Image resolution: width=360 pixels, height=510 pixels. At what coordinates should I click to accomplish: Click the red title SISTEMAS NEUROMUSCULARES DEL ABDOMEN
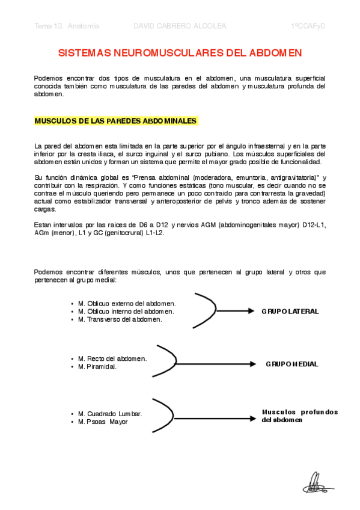tap(180, 54)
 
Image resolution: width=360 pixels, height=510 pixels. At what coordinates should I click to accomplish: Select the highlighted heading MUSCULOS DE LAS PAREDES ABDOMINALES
tap(115, 121)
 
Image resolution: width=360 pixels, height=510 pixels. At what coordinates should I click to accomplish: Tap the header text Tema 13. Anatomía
tap(67, 26)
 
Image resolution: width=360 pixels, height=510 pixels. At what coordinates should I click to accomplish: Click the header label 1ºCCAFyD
tap(308, 26)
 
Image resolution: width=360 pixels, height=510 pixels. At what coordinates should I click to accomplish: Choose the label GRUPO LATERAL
tap(290, 312)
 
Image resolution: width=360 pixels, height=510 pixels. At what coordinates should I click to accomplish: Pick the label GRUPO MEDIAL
tap(291, 364)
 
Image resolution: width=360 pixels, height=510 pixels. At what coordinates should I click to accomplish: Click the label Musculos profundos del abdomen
tap(299, 416)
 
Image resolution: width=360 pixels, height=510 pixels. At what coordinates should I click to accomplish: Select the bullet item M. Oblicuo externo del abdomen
tap(127, 304)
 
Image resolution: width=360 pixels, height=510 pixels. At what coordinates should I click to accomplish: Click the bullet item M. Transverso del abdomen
tap(120, 319)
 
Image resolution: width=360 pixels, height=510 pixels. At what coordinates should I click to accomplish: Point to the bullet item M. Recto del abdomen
tap(112, 358)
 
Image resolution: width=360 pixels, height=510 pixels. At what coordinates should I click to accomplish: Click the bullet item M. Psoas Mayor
tap(103, 422)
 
